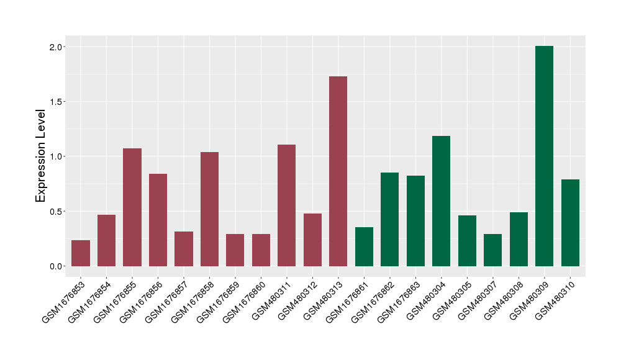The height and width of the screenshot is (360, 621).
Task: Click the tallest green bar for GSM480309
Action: click(544, 156)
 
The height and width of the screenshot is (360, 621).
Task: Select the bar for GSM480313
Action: click(338, 171)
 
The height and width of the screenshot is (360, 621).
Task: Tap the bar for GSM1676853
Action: click(81, 253)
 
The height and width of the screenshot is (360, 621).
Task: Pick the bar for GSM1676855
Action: click(132, 207)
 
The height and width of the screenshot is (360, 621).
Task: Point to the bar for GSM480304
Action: click(441, 201)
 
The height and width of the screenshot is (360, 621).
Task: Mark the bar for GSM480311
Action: click(286, 205)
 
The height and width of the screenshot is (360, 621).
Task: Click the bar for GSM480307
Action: click(492, 250)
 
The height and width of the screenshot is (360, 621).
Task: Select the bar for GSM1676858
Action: click(209, 209)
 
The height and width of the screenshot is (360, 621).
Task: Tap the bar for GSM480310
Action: click(570, 223)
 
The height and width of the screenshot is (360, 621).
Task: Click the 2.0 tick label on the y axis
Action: click(57, 47)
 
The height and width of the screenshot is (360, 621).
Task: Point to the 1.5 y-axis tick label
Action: click(57, 102)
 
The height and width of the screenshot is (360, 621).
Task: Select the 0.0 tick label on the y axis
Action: click(57, 266)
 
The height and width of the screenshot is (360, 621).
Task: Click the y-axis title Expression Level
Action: click(41, 156)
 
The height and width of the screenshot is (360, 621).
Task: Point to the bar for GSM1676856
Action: click(158, 220)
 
